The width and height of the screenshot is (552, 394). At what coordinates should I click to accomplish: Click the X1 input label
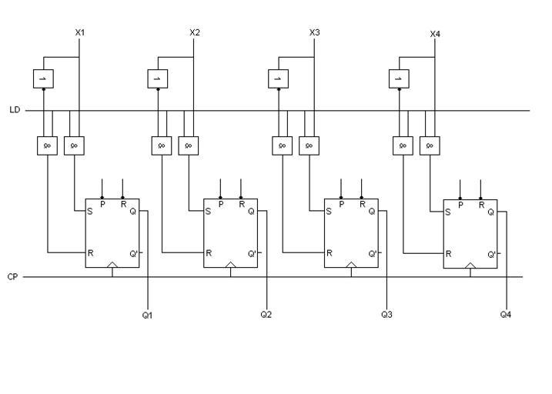click(80, 32)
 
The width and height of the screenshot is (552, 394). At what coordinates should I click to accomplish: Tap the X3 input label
click(314, 32)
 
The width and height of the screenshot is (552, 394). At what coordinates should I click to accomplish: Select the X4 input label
click(435, 35)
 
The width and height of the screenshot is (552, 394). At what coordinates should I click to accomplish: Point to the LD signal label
click(15, 110)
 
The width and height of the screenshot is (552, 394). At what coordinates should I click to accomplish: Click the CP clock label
click(12, 276)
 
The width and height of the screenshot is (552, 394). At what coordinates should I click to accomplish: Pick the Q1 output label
click(147, 315)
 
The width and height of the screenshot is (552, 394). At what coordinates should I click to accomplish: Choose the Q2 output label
click(266, 315)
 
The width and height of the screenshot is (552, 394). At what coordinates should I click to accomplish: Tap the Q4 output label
click(506, 315)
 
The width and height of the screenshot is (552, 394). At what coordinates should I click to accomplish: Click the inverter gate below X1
click(43, 78)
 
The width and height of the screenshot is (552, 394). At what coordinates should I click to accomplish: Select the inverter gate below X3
click(278, 78)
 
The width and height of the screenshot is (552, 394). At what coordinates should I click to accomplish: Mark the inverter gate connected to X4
click(399, 78)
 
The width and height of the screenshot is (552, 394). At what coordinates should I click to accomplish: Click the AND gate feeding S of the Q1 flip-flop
click(75, 145)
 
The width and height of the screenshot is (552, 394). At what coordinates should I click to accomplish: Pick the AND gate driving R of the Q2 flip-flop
click(162, 145)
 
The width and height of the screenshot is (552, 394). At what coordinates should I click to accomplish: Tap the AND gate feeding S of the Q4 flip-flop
click(430, 145)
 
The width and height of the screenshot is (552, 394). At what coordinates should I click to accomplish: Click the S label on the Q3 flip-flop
click(330, 211)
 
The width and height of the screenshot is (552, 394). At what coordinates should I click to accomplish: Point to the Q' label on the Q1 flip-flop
click(133, 253)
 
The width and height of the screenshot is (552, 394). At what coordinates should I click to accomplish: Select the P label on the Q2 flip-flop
click(221, 204)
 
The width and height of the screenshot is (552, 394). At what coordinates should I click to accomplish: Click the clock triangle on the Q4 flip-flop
click(470, 265)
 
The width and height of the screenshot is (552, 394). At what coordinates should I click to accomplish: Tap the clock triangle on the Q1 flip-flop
click(112, 265)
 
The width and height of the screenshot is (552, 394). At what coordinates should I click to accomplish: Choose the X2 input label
click(194, 32)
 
